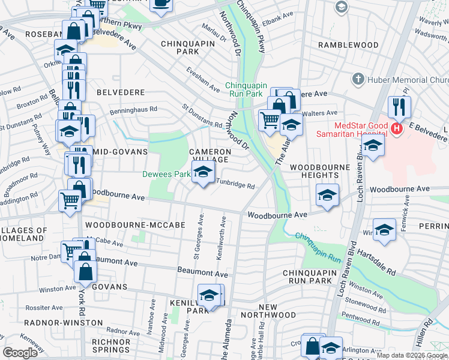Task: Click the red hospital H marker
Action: (x=396, y=128)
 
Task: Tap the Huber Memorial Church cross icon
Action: (x=358, y=79)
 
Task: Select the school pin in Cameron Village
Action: (x=203, y=173)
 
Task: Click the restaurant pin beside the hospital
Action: (x=399, y=107)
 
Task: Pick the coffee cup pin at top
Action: (x=160, y=3)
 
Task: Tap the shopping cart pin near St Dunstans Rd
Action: (x=270, y=119)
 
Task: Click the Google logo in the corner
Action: (x=20, y=353)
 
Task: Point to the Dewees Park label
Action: (x=166, y=175)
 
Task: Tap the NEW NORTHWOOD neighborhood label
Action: (x=268, y=311)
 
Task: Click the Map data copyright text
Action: (x=412, y=355)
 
